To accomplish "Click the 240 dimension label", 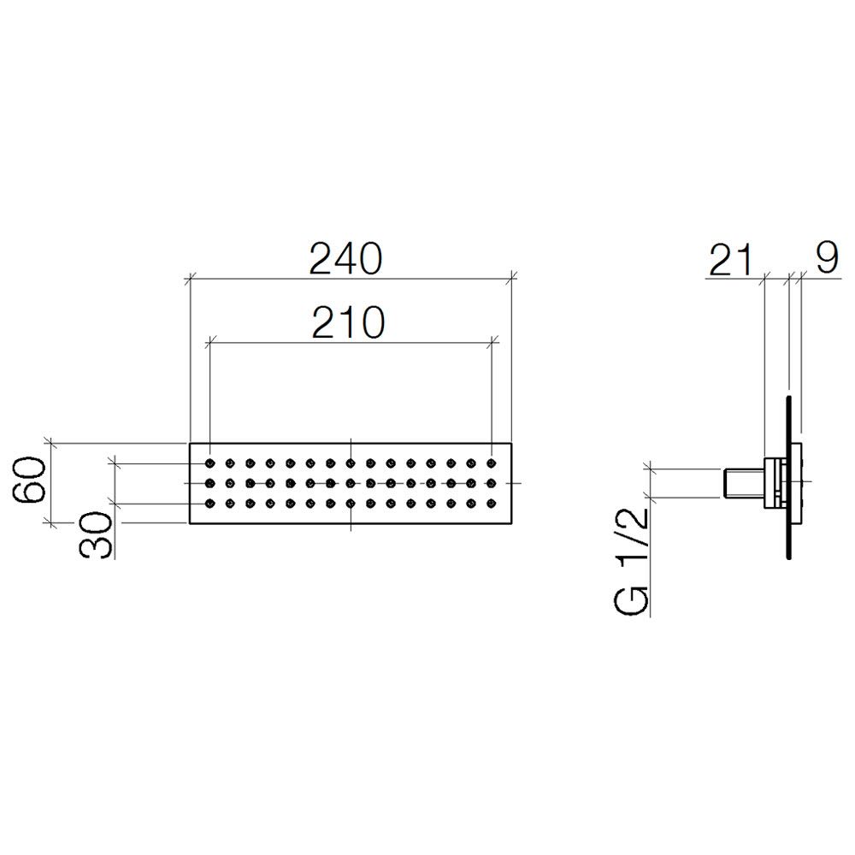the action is point(345,258).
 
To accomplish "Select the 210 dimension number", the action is point(348,322).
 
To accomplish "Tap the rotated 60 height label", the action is point(29,479).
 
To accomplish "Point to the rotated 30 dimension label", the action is point(96,534).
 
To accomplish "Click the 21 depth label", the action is point(731,260).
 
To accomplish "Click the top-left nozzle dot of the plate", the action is point(210,463).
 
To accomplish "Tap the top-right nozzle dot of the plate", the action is point(492,463).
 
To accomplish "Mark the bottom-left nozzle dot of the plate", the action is point(210,504).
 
